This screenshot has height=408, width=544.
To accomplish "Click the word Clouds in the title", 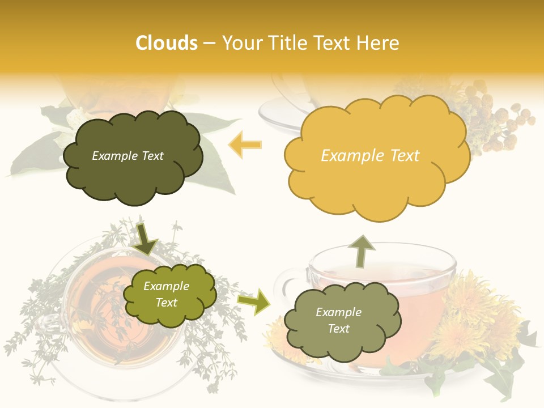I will coord(167,43).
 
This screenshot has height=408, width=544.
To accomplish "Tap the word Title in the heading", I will coord(283,43).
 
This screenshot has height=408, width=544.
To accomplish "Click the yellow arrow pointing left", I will coord(245,144).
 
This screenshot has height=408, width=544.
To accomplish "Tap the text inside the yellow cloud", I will coord(370,156).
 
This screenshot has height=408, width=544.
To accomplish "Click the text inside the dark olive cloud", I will coord(127,156).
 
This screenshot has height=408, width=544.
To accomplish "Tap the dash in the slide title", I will coord(209,44).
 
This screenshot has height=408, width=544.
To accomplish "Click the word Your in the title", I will coord(241,43).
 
